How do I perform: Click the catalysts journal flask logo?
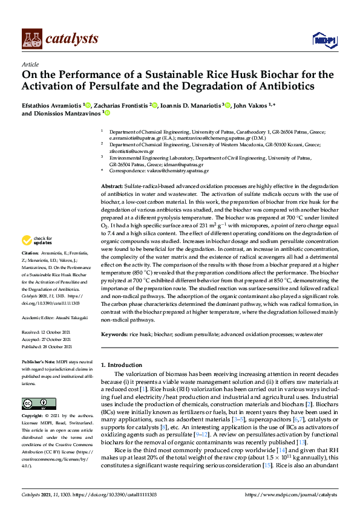point(31,39)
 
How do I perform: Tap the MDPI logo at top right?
point(324,40)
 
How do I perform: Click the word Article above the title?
point(30,63)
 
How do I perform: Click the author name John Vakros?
point(250,105)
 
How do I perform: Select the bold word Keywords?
point(114,334)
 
